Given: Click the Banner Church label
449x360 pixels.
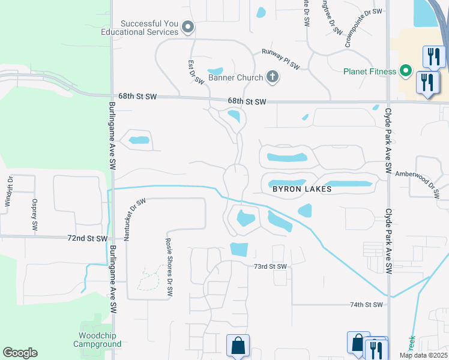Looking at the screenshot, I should [235, 77].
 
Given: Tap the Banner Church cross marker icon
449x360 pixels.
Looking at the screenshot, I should [273, 76].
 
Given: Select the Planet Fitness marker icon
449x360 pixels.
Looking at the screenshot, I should [406, 71].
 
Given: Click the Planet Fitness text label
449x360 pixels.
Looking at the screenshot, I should [370, 71].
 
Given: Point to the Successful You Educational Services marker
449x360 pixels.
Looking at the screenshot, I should [188, 27].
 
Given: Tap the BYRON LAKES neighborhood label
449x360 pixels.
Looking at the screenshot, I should [302, 188].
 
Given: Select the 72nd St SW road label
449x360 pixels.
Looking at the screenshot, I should [88, 238].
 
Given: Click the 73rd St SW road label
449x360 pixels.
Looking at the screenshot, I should [270, 266].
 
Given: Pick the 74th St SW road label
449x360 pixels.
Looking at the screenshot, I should [366, 305].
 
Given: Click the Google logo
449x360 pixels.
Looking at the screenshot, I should [20, 353].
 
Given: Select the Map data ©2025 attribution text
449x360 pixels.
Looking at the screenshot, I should [423, 355].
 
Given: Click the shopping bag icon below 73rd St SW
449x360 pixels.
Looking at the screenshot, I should [238, 345].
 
